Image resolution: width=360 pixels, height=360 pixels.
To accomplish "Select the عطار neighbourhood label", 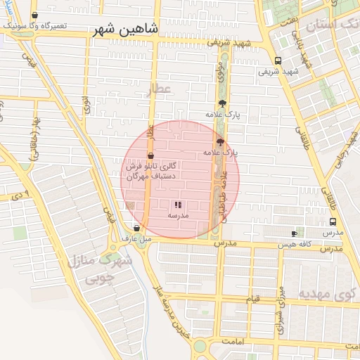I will click(159, 89).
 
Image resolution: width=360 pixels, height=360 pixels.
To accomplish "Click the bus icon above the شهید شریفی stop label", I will click(278, 60).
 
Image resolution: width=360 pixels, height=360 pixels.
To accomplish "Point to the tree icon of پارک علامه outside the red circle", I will click(222, 103).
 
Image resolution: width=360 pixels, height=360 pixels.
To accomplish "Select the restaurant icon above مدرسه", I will click(177, 205).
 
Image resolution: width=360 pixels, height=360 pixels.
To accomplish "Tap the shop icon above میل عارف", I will click(136, 228).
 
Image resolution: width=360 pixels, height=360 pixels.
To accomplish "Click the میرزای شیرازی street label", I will click(281, 310).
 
